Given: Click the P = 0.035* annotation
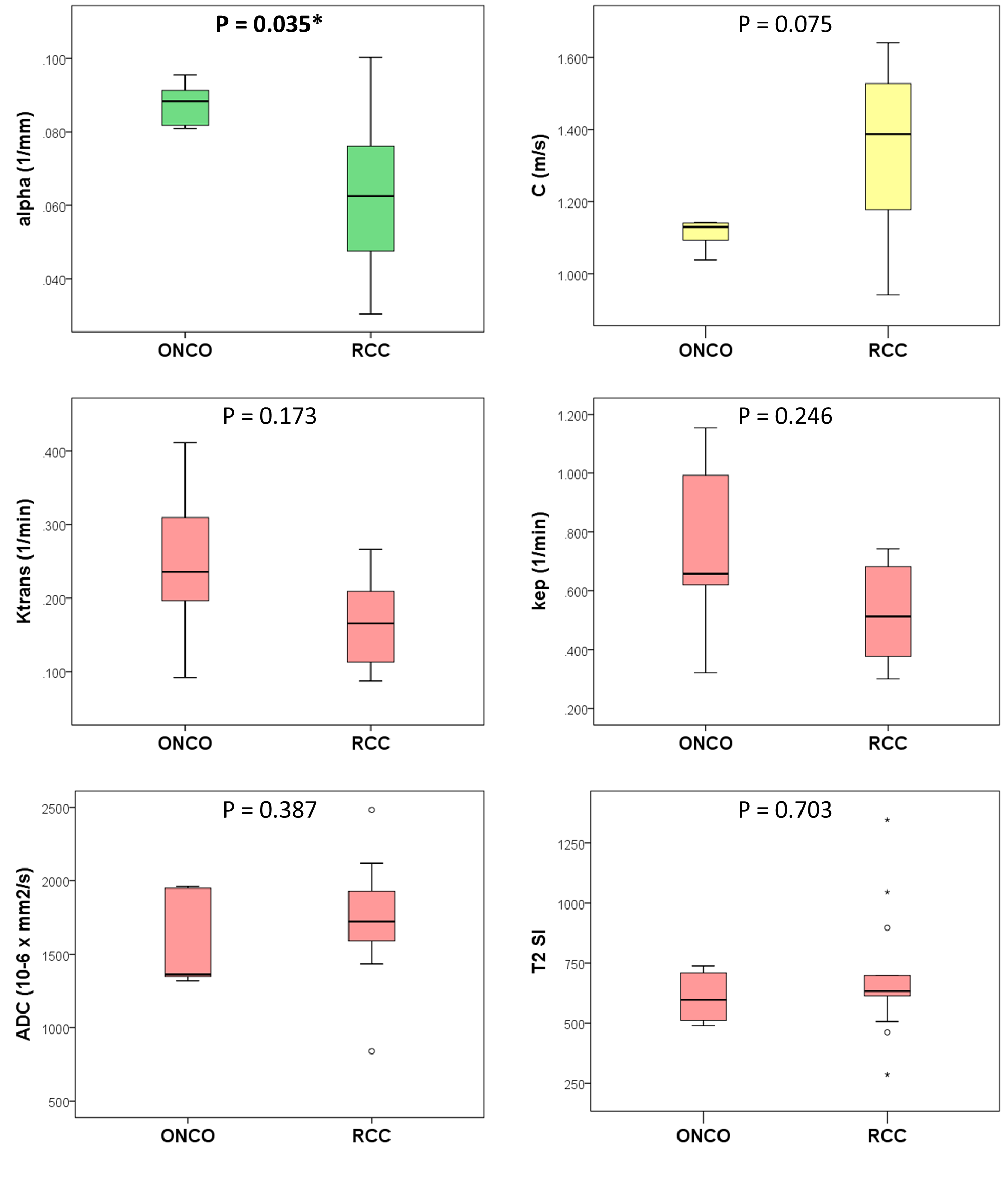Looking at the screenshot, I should click(269, 25).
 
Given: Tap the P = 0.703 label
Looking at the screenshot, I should click(784, 810).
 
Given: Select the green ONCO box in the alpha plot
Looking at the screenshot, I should click(185, 108).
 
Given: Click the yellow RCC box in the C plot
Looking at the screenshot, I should click(887, 147).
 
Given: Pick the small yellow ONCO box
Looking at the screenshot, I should click(705, 232).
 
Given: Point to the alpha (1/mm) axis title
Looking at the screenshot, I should click(25, 169).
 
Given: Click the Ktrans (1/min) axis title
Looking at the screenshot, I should click(25, 561).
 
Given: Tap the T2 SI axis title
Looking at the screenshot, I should click(538, 951).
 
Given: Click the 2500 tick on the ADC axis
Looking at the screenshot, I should click(55, 809).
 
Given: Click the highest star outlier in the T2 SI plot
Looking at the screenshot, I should click(887, 820).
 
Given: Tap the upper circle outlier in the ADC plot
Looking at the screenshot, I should click(372, 810).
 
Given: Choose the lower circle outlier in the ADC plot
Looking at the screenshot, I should click(372, 1051).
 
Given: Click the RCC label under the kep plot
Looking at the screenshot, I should click(887, 743).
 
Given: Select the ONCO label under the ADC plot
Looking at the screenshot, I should click(188, 1136).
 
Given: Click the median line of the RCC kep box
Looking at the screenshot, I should click(887, 616).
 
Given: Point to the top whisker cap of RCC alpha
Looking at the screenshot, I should click(370, 57).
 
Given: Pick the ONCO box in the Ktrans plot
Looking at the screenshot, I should click(185, 559).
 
